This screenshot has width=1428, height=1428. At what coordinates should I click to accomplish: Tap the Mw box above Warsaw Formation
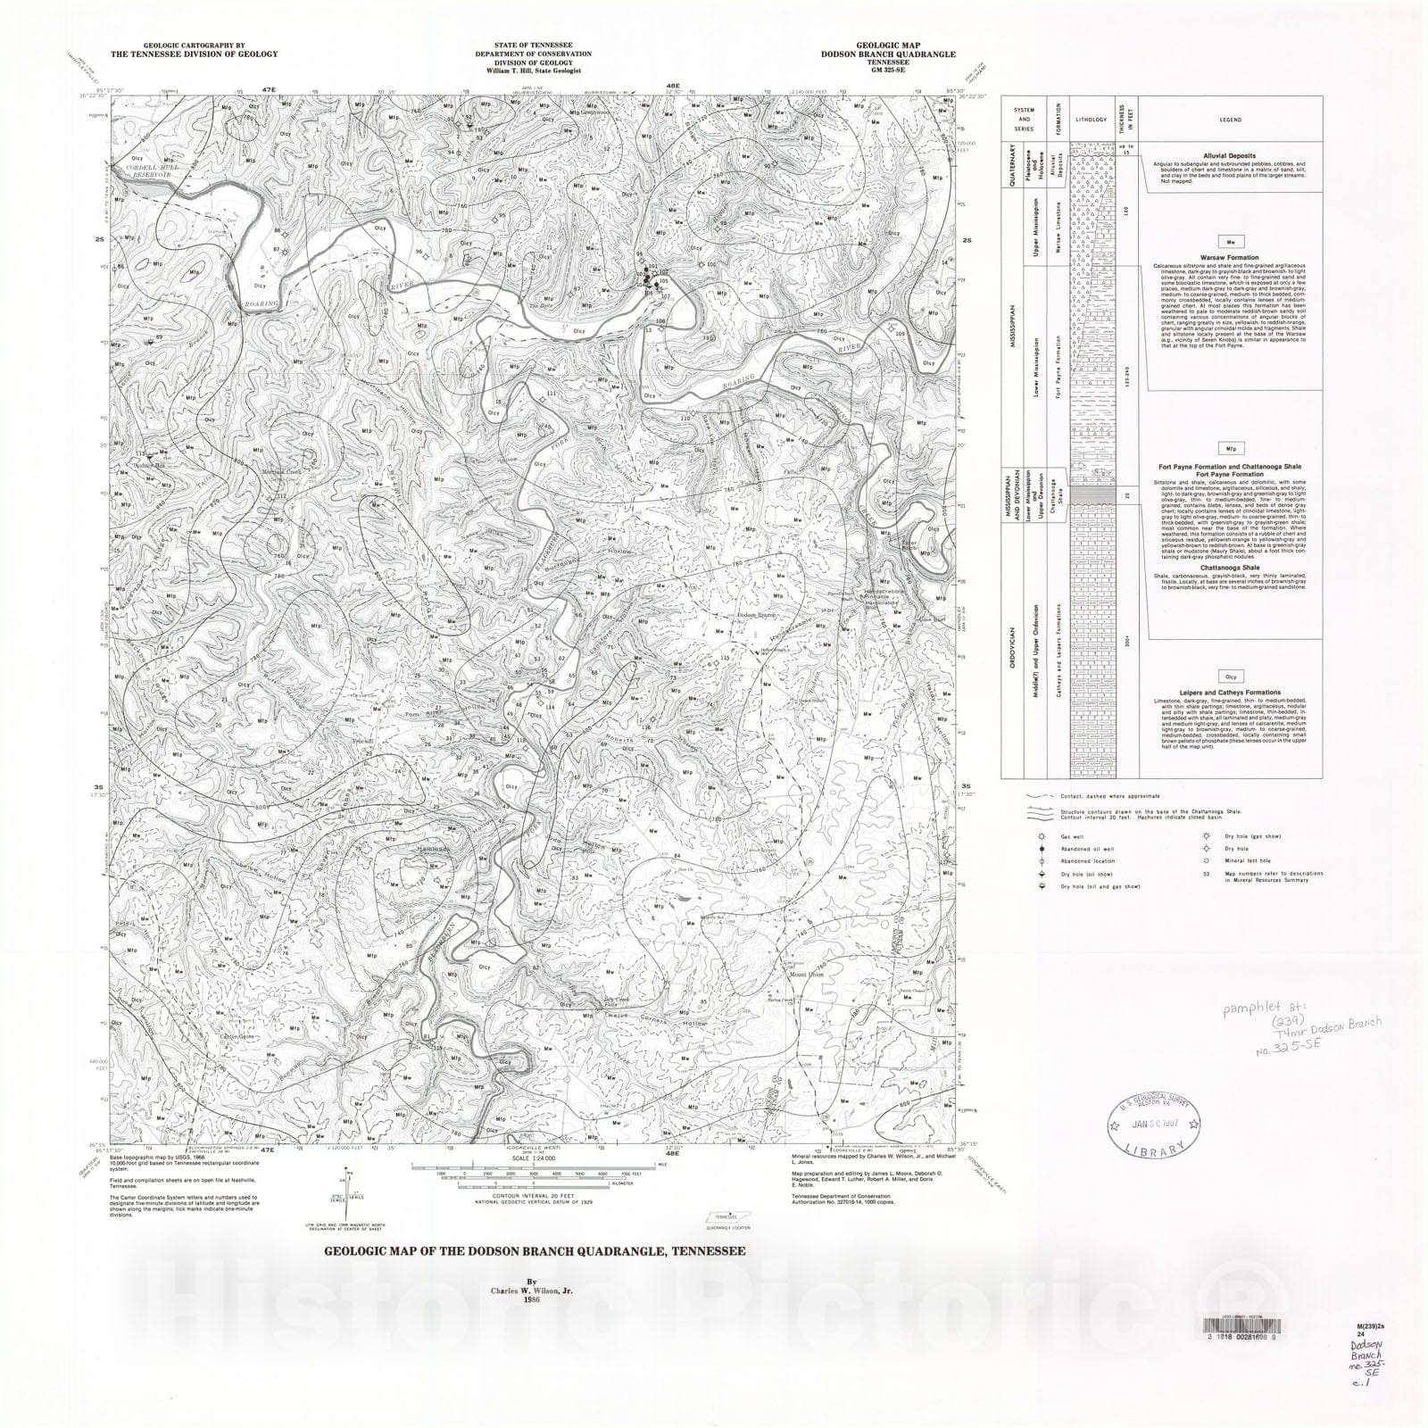point(1232,242)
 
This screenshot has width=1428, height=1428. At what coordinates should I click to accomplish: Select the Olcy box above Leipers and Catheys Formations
point(1232,677)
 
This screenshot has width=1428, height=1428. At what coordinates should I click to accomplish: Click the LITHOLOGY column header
point(1091,119)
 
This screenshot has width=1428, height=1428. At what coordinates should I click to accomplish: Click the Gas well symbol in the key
point(1041,836)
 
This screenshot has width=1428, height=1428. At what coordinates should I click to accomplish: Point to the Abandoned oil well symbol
point(1041,849)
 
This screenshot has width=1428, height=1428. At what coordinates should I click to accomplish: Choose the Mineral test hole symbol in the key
point(1205,861)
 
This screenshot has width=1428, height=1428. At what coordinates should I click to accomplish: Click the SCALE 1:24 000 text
point(531,1158)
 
